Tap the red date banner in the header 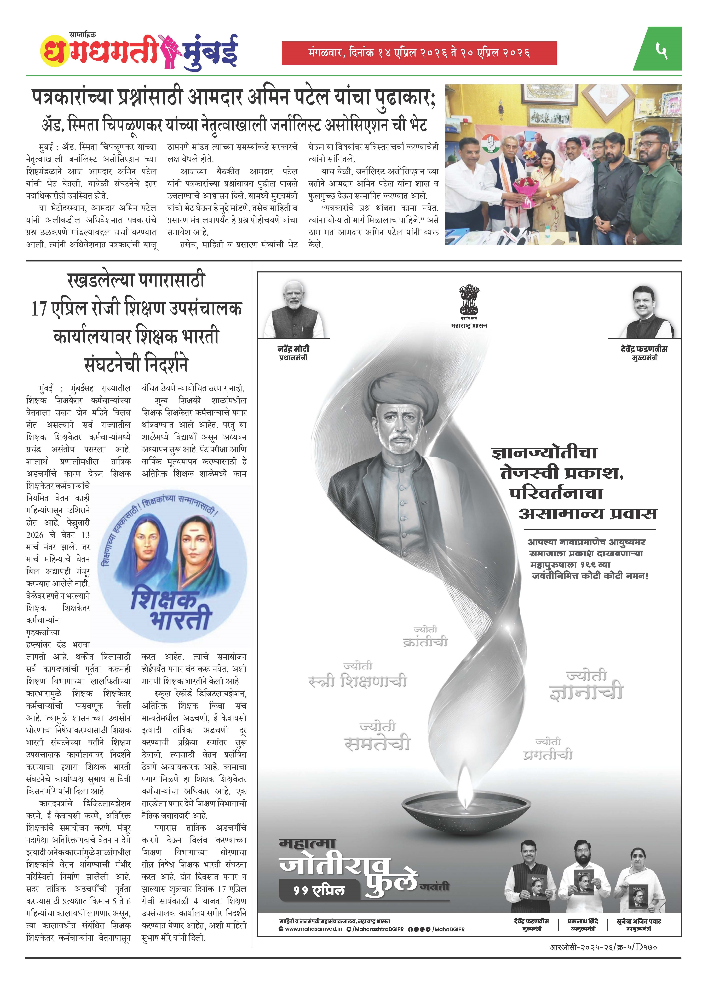tap(419, 53)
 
